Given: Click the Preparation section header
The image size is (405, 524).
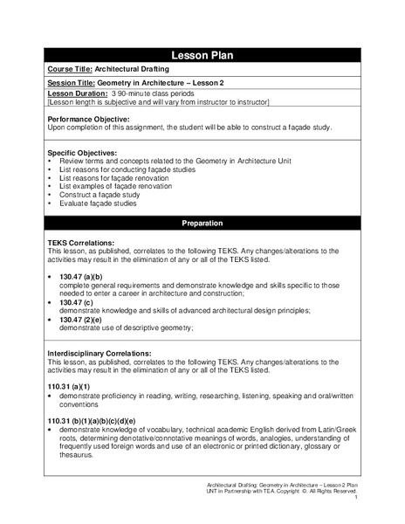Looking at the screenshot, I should tap(202, 224).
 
